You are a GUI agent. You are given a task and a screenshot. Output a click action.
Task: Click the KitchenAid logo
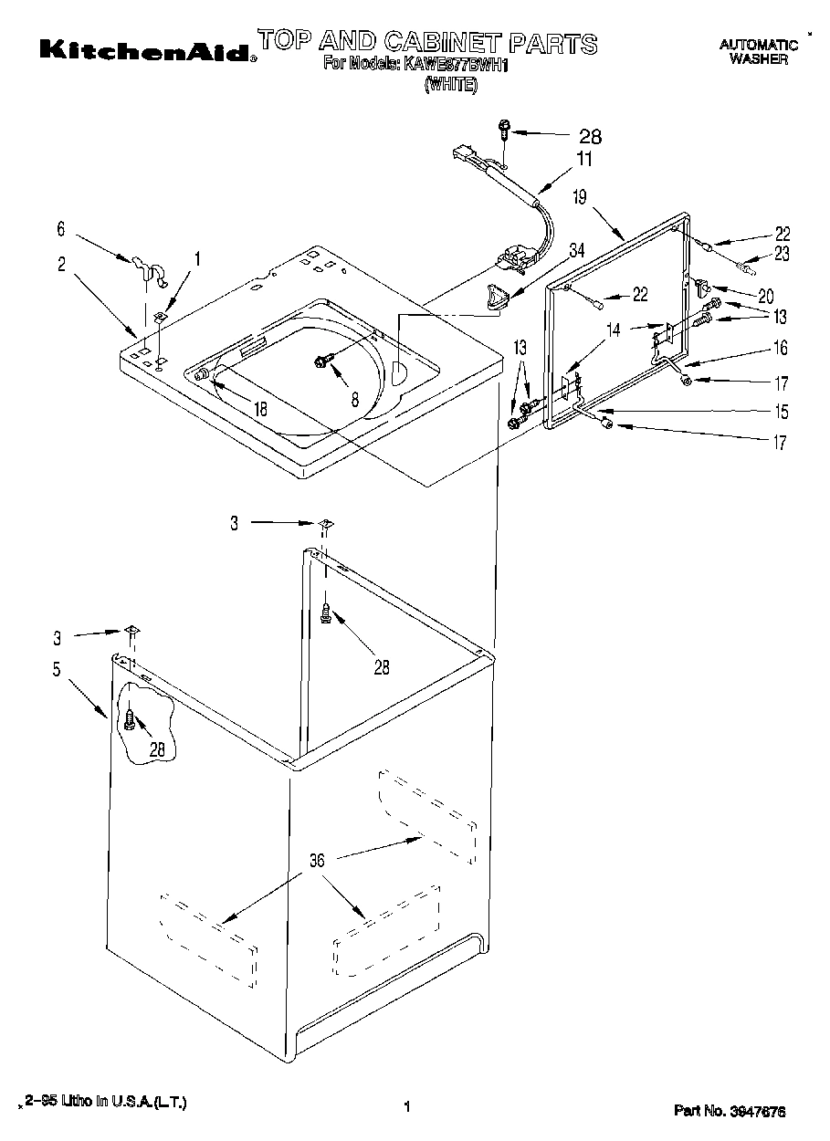tap(146, 50)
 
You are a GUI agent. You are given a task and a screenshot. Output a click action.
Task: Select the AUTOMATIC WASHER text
tap(758, 51)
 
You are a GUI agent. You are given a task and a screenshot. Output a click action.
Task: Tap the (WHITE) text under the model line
tap(449, 85)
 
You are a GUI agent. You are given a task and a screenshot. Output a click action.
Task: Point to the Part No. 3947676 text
tap(729, 1111)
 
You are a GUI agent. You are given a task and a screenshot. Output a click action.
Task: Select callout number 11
tap(583, 159)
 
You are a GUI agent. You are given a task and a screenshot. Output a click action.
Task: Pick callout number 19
tap(579, 195)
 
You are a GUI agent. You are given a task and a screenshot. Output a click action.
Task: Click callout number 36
tap(317, 859)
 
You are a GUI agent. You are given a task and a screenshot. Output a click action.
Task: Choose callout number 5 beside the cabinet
tap(57, 670)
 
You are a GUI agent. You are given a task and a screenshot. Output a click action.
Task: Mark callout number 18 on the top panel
tap(261, 410)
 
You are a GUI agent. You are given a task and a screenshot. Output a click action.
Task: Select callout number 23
tap(783, 255)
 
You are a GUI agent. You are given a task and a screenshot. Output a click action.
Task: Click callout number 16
tap(782, 348)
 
